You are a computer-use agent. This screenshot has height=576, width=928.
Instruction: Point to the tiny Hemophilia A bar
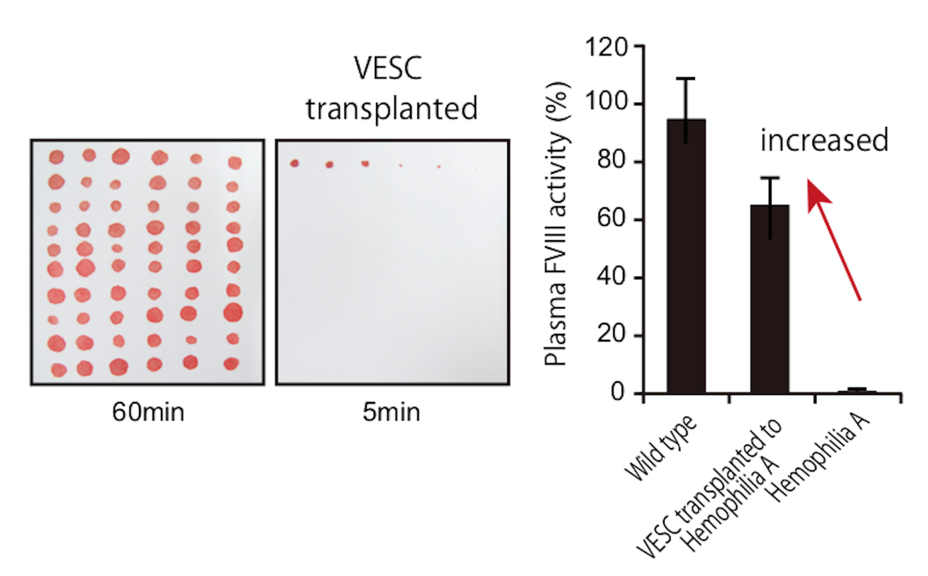(857, 391)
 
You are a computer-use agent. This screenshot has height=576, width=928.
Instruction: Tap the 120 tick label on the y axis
(605, 47)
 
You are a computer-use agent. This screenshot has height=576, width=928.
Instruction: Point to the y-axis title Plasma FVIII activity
(556, 223)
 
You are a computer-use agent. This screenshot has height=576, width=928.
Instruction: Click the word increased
(824, 140)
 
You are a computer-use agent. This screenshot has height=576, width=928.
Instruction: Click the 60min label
(148, 412)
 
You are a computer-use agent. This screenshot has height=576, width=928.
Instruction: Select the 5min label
(391, 412)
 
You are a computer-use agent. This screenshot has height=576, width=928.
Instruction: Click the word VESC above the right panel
(388, 68)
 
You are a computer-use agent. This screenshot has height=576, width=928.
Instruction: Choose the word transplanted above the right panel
(391, 108)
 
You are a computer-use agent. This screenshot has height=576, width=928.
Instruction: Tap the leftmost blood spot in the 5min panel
(294, 164)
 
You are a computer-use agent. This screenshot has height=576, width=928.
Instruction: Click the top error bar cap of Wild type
(685, 78)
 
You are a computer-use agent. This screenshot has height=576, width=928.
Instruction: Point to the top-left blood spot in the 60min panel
(57, 157)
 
